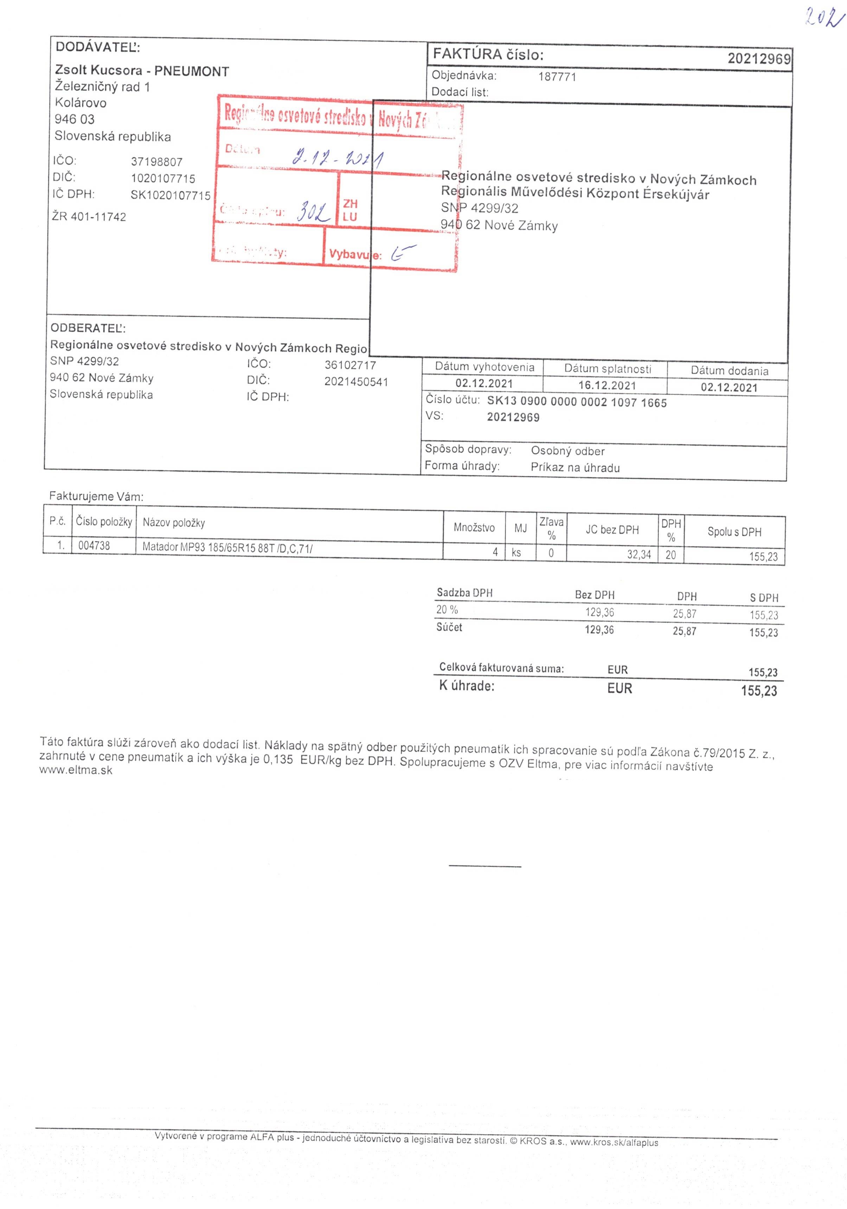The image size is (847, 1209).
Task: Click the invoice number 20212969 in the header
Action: pyautogui.click(x=758, y=58)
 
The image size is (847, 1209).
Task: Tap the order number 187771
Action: pyautogui.click(x=557, y=77)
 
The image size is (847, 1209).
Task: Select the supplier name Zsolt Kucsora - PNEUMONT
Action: pyautogui.click(x=142, y=71)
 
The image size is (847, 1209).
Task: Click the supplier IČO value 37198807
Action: pyautogui.click(x=157, y=162)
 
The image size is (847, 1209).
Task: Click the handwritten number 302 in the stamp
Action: pyautogui.click(x=314, y=212)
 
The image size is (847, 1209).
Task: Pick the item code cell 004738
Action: pyautogui.click(x=94, y=546)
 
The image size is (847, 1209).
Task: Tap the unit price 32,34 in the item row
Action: pyautogui.click(x=639, y=554)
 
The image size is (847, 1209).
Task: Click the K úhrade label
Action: pyautogui.click(x=467, y=686)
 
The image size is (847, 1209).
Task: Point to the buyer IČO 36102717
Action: pyautogui.click(x=350, y=365)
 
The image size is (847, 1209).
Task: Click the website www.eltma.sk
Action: pyautogui.click(x=76, y=770)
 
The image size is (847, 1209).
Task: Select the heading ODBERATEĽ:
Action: pyautogui.click(x=88, y=328)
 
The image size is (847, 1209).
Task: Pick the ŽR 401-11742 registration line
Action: pyautogui.click(x=89, y=216)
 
